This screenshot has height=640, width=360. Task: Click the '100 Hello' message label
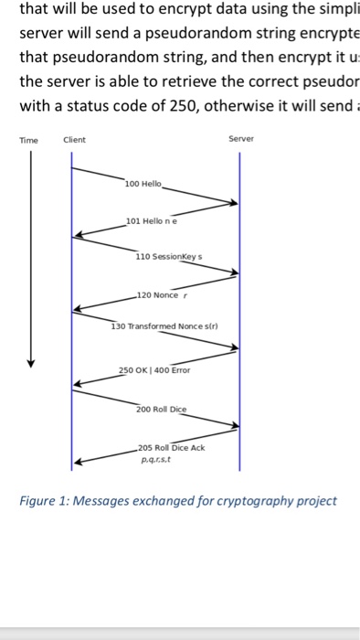click(144, 184)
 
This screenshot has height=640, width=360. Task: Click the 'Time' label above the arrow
click(29, 140)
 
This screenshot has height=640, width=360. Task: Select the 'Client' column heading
click(74, 140)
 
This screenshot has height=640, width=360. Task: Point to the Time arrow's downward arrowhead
click(31, 362)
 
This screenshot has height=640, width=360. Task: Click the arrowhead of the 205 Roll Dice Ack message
click(78, 463)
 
